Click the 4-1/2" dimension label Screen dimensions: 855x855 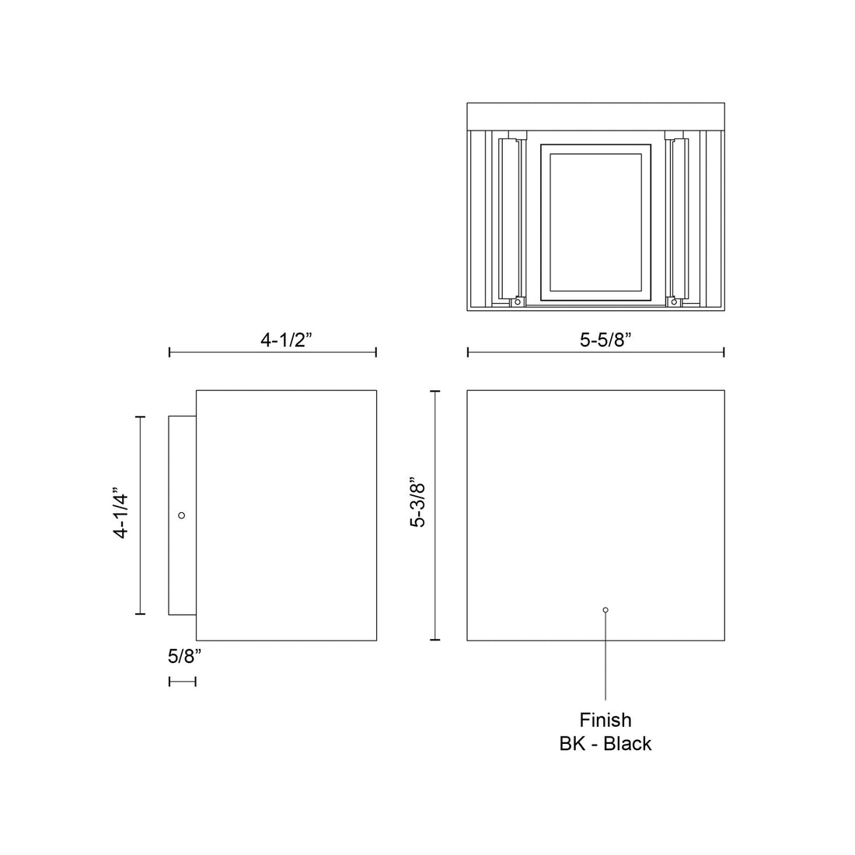[x=285, y=340]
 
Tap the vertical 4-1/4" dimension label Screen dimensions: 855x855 [x=120, y=515]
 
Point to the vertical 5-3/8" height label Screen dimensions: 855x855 [x=418, y=503]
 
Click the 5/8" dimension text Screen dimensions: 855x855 [x=184, y=656]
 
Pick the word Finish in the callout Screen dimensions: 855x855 [x=605, y=721]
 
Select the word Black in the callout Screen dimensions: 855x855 [x=627, y=744]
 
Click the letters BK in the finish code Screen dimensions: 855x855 [x=571, y=744]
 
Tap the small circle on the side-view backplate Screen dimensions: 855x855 [x=182, y=515]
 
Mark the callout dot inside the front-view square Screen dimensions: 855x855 [x=605, y=610]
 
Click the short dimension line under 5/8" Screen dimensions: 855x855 [x=183, y=682]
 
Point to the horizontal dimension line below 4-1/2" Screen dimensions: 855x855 [x=273, y=353]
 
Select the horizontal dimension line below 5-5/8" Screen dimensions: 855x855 [x=596, y=353]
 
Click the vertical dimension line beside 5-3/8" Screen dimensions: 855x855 [x=435, y=515]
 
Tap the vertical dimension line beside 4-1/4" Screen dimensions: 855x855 [x=140, y=515]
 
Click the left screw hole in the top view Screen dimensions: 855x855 [x=515, y=302]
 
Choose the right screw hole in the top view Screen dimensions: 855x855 [x=675, y=302]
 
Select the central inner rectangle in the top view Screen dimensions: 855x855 [x=595, y=222]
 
